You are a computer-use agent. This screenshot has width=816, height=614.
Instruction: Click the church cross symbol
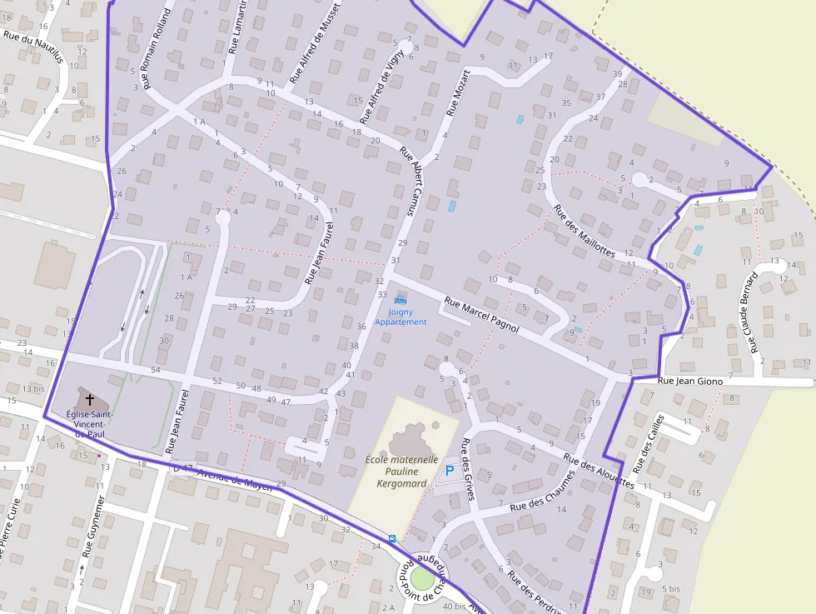[90, 399]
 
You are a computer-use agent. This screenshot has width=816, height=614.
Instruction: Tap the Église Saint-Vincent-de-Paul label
[91, 424]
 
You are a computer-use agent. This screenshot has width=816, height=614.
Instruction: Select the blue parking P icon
[450, 472]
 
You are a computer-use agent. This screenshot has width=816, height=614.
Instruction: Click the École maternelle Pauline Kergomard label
[401, 471]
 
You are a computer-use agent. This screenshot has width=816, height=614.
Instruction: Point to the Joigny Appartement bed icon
[401, 299]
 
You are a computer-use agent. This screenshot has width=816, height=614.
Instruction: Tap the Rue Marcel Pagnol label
[481, 316]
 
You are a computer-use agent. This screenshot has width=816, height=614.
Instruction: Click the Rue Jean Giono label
[690, 381]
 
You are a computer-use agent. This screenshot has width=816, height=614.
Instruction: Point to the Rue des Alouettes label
[599, 472]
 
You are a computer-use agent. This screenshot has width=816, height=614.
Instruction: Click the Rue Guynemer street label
[93, 527]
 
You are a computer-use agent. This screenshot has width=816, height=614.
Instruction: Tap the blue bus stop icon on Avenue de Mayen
[391, 538]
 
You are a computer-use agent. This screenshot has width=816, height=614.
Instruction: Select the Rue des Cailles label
[648, 442]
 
